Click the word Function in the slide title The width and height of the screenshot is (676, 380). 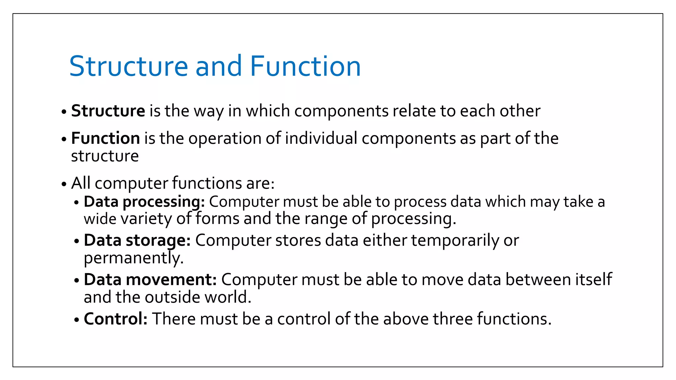tap(305, 66)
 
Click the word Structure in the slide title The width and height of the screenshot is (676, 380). tap(129, 66)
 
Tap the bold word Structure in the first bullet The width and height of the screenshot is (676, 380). tap(108, 111)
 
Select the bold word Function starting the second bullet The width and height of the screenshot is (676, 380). tap(105, 138)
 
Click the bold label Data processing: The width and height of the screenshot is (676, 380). tap(144, 202)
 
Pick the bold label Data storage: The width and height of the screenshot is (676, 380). tap(137, 240)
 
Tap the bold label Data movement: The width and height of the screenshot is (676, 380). tap(150, 280)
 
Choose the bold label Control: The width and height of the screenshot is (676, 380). tap(116, 319)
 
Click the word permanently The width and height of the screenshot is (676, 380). tap(133, 258)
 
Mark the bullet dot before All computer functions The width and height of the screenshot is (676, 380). tap(64, 184)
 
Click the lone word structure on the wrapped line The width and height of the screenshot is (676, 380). tap(105, 156)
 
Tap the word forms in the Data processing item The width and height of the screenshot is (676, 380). tap(217, 219)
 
